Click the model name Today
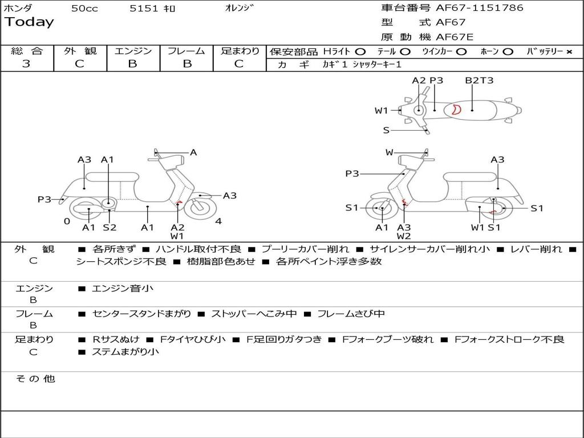(x=29, y=22)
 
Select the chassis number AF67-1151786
(x=479, y=8)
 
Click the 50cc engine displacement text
(x=84, y=9)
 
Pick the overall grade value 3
(x=26, y=64)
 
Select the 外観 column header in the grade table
(x=80, y=51)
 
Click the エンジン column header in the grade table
(x=133, y=51)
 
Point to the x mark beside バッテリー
(x=569, y=51)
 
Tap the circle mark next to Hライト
(x=360, y=51)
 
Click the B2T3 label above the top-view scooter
(x=479, y=80)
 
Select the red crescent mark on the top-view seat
(x=455, y=109)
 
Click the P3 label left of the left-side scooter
(x=44, y=199)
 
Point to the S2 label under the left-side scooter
(x=109, y=228)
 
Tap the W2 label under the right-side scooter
(x=404, y=236)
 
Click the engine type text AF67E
(x=455, y=37)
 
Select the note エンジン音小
(x=123, y=289)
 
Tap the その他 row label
(x=35, y=379)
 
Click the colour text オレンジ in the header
(x=239, y=8)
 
